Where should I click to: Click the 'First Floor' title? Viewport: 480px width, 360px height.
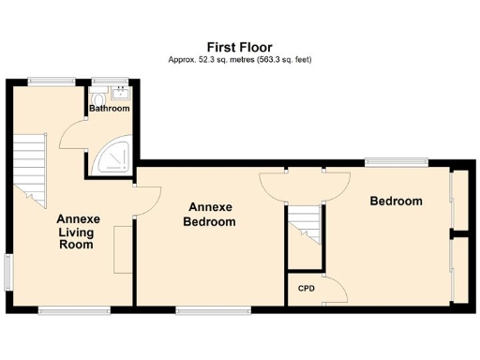tap(239, 45)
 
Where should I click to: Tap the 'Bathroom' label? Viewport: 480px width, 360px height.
tap(110, 109)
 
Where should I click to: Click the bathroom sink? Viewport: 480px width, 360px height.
tap(119, 93)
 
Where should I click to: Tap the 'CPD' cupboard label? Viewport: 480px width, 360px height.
tap(306, 288)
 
